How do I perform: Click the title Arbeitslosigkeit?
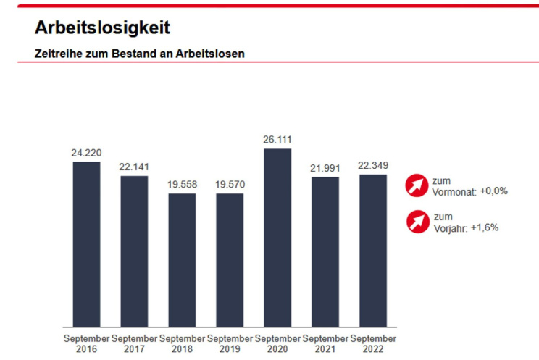tap(102, 28)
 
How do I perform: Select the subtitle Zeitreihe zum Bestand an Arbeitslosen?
tap(140, 54)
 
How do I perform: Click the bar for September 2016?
tap(86, 243)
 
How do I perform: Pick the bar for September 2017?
tap(134, 251)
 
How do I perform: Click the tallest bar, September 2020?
tap(277, 238)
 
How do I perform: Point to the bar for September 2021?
tap(325, 251)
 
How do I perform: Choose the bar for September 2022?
tap(373, 250)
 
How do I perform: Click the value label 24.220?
tap(86, 153)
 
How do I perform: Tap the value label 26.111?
tap(277, 140)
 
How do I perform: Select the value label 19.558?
tap(182, 185)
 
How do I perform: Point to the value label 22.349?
tap(373, 166)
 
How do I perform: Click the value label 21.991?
tap(325, 168)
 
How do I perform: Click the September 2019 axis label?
tap(230, 343)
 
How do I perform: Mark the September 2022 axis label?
tap(373, 343)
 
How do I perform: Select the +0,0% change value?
tap(494, 191)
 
